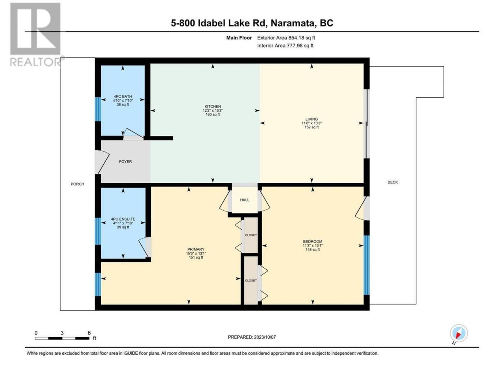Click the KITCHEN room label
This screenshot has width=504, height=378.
[x=213, y=106]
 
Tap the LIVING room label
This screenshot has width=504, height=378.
[x=311, y=119]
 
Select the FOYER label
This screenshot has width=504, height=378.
[x=125, y=161]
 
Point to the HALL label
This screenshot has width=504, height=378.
[x=245, y=200]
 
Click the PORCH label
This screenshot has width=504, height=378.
[x=78, y=184]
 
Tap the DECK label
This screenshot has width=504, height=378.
[x=393, y=182]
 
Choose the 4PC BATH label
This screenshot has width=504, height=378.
[x=122, y=96]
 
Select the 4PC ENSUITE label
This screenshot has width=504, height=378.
[x=123, y=219]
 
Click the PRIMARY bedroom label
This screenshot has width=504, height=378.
[x=196, y=249]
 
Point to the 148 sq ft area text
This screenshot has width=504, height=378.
[x=313, y=250]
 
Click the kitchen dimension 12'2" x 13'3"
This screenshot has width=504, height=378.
[x=213, y=110]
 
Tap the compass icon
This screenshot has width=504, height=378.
[x=459, y=333]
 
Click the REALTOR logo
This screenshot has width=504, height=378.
[x=35, y=34]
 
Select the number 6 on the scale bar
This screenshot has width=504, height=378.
[x=89, y=333]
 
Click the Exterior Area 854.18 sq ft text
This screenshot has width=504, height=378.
[x=286, y=38]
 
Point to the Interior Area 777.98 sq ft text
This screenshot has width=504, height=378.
[x=285, y=46]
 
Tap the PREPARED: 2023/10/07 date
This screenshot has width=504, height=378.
[x=252, y=337]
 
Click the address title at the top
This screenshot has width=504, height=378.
[x=252, y=23]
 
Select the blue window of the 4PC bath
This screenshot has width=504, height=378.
[x=98, y=109]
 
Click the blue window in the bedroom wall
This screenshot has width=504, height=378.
[x=367, y=265]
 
